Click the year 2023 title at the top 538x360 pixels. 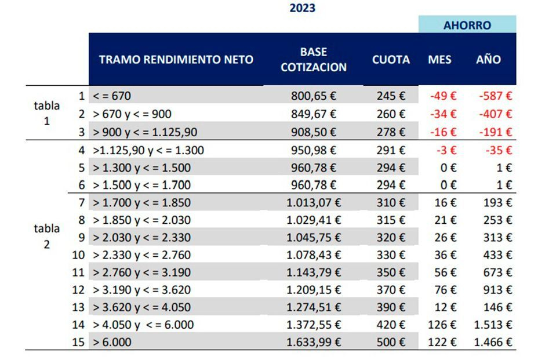pos(302,8)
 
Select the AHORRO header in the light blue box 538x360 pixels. pos(467,25)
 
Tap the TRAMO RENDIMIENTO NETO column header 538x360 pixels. pos(176,59)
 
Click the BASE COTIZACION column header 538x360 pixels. pos(313,59)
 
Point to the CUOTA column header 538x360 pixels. pos(391,59)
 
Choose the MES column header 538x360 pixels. pos(439,59)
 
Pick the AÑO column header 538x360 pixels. pos(488,59)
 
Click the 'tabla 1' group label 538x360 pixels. pos(47,114)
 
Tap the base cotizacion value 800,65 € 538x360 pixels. pos(313,96)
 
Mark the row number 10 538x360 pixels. pos(78,255)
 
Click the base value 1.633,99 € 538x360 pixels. pos(313,342)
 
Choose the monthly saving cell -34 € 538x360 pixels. pos(443,114)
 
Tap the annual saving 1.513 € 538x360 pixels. pos(492,325)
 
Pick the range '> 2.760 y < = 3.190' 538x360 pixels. pos(142,272)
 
